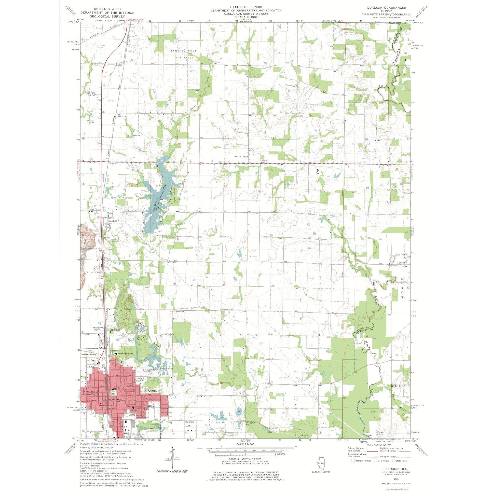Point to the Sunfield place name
(x=112, y=221)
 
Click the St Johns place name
(x=115, y=330)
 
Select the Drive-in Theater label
(x=91, y=122)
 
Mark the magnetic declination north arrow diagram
(x=173, y=460)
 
